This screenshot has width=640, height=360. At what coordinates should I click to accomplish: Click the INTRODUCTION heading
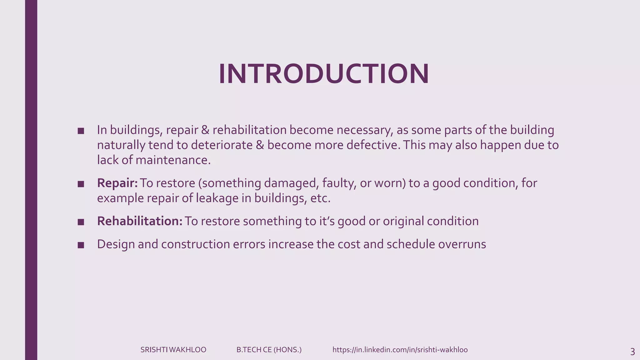tap(324, 74)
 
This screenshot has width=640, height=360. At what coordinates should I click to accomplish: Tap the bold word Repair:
tap(117, 183)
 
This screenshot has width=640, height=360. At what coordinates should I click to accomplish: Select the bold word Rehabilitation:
tap(140, 221)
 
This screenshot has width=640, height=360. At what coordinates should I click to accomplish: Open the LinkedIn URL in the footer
tap(400, 350)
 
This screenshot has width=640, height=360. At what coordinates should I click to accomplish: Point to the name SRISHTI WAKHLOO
tap(173, 350)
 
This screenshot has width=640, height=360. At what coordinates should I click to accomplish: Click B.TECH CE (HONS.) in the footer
tap(269, 350)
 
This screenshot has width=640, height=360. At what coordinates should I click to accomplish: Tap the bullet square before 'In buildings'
tap(81, 131)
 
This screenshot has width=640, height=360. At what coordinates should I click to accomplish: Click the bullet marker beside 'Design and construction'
tap(81, 245)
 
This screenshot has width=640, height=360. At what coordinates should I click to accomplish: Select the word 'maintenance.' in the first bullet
tap(173, 160)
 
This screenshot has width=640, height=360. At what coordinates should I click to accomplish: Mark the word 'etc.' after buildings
tap(320, 198)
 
